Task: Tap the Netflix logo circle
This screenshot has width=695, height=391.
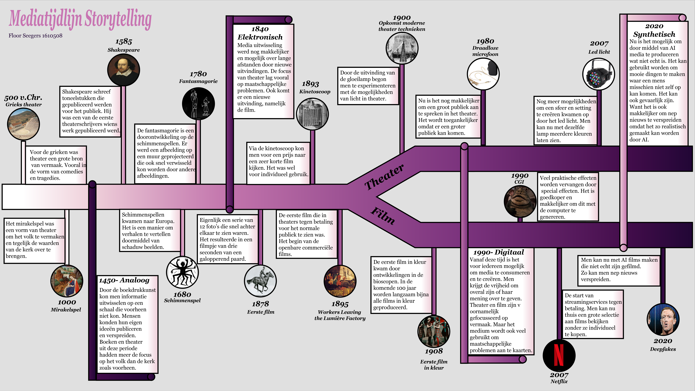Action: coord(559,355)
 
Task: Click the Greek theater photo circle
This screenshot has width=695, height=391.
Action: coord(23,124)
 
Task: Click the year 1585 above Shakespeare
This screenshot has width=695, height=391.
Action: coord(124,42)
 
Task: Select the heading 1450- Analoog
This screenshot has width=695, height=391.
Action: coord(124,280)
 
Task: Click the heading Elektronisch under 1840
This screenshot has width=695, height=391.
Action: coord(260,37)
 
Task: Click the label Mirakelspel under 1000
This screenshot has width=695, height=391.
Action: coord(66,310)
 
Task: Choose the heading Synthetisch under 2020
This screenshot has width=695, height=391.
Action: coord(654,34)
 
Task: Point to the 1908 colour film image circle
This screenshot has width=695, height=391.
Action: coord(434,331)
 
